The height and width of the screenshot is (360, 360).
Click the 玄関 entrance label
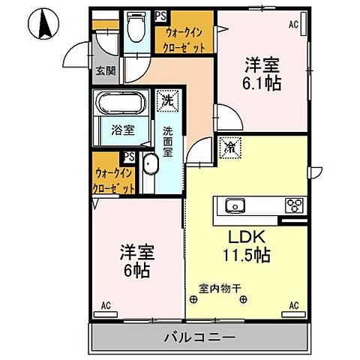[105, 72]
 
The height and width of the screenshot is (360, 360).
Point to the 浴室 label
[124, 130]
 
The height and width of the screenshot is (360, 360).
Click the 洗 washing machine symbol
[165, 98]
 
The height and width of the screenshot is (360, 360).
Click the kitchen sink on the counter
[234, 205]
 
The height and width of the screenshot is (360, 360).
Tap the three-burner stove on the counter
[292, 205]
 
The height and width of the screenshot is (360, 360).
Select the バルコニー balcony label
[200, 337]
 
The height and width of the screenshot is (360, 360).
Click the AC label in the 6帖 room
[106, 304]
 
